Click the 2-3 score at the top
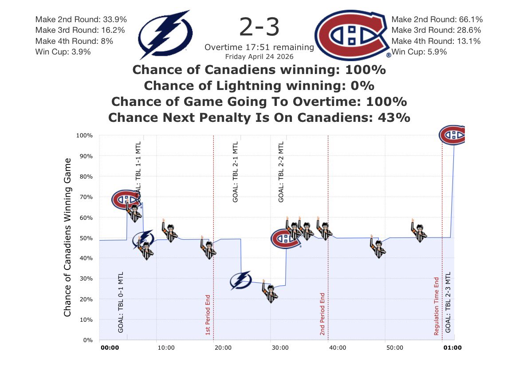[259, 27]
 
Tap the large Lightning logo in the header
[165, 35]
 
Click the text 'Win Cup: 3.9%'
[63, 52]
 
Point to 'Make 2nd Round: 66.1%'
[437, 19]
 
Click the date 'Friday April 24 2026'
[259, 57]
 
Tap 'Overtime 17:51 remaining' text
[259, 47]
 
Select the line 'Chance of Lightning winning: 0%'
[259, 86]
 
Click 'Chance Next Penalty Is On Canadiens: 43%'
[259, 118]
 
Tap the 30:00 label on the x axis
[280, 348]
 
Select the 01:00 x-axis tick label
[453, 348]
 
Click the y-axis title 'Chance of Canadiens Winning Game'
[67, 237]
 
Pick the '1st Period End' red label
[208, 315]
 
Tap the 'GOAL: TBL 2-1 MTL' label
[236, 172]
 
